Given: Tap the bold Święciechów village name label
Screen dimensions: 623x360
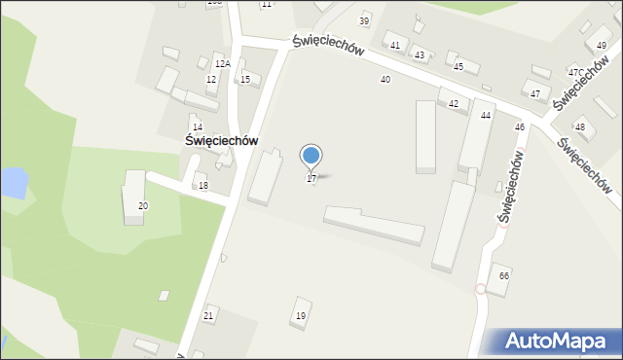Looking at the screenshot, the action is pyautogui.click(x=221, y=140).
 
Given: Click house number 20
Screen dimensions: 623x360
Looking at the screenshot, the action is pyautogui.click(x=143, y=206).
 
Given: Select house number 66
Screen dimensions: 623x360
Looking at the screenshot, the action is pyautogui.click(x=503, y=276).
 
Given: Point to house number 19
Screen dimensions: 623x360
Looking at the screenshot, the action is pyautogui.click(x=301, y=316).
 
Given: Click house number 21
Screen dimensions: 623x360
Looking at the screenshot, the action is pyautogui.click(x=208, y=316).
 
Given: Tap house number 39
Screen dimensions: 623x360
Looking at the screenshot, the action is pyautogui.click(x=364, y=21).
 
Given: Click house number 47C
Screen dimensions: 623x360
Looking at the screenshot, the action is pyautogui.click(x=575, y=73).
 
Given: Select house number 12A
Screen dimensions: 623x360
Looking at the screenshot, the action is pyautogui.click(x=222, y=63).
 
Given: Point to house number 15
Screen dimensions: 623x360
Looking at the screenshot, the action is pyautogui.click(x=245, y=80).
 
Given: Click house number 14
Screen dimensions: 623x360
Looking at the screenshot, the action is pyautogui.click(x=197, y=127).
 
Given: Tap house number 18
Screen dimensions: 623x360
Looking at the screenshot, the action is pyautogui.click(x=203, y=186).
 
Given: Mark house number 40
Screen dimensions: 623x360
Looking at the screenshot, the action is pyautogui.click(x=385, y=80).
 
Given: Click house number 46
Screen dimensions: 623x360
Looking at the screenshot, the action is pyautogui.click(x=520, y=127).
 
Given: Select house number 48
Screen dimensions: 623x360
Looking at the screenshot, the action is pyautogui.click(x=580, y=127).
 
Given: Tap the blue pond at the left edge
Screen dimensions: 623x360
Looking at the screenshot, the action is pyautogui.click(x=12, y=181).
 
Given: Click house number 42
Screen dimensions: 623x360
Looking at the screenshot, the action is pyautogui.click(x=453, y=103).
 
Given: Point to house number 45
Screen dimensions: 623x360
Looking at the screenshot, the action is pyautogui.click(x=458, y=67).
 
